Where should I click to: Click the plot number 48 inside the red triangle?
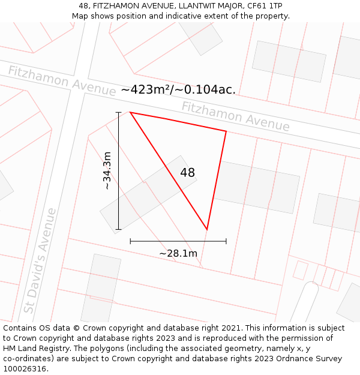(187, 173)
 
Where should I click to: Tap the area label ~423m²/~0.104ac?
(178, 89)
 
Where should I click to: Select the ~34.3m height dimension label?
(107, 171)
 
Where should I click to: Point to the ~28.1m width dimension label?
(178, 253)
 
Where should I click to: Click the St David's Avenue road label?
(40, 260)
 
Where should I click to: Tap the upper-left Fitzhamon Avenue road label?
(61, 80)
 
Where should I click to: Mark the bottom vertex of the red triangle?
(207, 229)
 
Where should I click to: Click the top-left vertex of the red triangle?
(130, 112)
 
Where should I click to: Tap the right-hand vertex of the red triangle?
(226, 131)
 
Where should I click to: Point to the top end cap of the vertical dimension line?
(118, 112)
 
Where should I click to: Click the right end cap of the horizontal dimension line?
(226, 241)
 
